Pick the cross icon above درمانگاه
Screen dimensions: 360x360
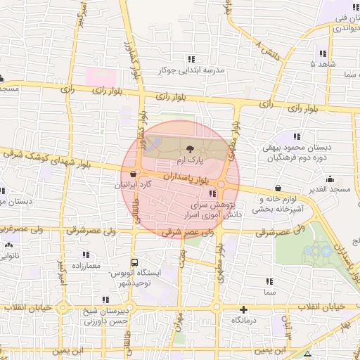tap(243, 309)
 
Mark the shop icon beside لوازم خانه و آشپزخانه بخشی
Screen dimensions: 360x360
tap(279, 188)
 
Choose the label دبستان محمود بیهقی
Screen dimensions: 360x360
tap(297, 148)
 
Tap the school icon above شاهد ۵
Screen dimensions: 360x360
tap(323, 53)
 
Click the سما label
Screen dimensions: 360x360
tap(269, 290)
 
